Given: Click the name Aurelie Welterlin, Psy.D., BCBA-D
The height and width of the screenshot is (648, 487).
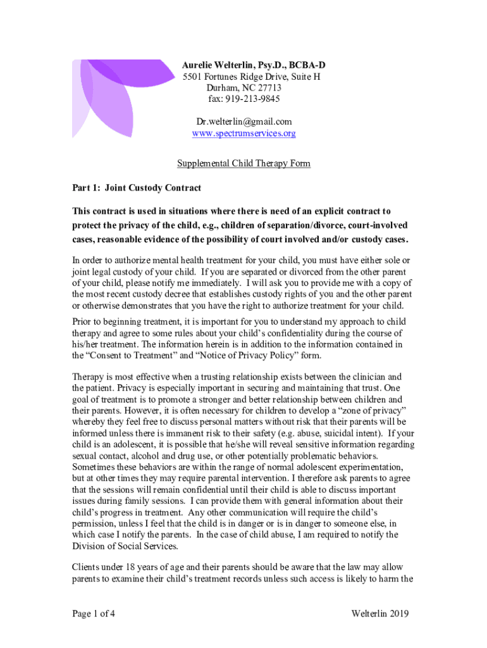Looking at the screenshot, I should pyautogui.click(x=254, y=65).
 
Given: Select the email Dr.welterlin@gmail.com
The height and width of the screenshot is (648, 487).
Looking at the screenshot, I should pyautogui.click(x=244, y=121).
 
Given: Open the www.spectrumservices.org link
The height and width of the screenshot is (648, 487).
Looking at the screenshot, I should pyautogui.click(x=244, y=134).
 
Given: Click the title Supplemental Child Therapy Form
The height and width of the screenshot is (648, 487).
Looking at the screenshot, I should pyautogui.click(x=244, y=164).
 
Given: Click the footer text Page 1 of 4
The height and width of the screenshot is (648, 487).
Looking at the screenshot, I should pyautogui.click(x=94, y=613).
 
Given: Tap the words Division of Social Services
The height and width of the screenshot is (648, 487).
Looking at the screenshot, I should pyautogui.click(x=126, y=547).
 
